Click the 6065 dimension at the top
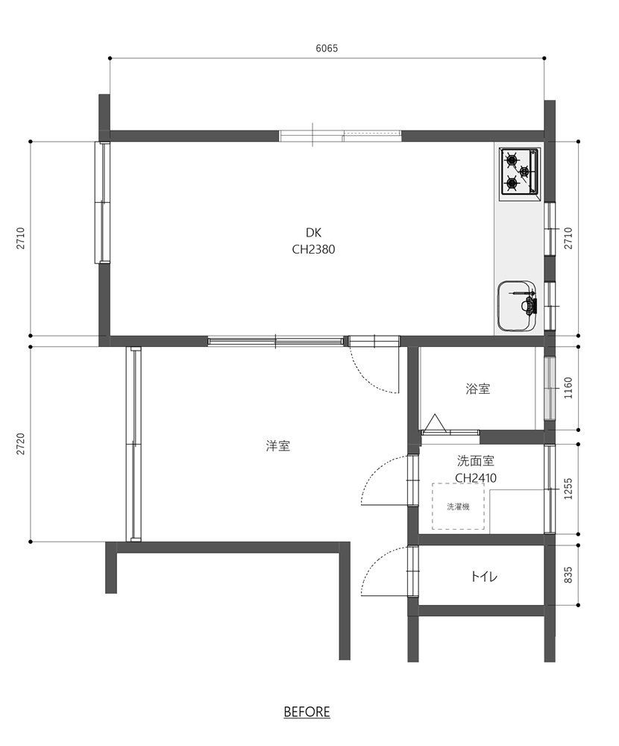point(327,48)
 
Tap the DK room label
point(313,233)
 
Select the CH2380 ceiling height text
point(313,249)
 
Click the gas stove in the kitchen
point(519,172)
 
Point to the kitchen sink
point(517,305)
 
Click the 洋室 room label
point(278,446)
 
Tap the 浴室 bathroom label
point(478,389)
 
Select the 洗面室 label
point(475,460)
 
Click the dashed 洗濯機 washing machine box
point(458,507)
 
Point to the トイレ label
point(484,577)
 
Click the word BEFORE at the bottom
point(307,712)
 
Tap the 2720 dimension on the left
point(20,443)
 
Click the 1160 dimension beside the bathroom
point(568,388)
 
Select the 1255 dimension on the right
point(568,489)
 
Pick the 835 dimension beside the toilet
point(568,575)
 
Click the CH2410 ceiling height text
point(475,477)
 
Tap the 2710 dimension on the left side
point(20,239)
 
